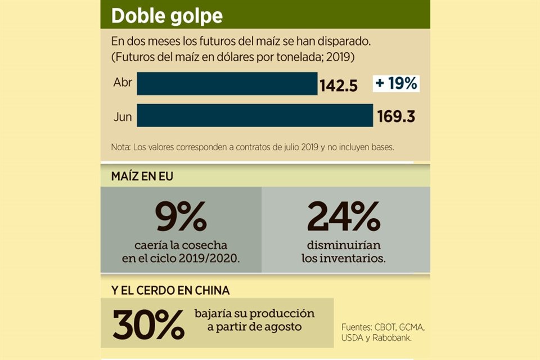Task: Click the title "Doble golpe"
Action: click(166, 16)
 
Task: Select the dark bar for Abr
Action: click(227, 83)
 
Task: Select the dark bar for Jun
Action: click(254, 115)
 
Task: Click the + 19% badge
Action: click(397, 83)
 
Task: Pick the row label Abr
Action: click(122, 83)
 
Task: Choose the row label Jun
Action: click(122, 116)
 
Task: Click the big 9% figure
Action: click(181, 217)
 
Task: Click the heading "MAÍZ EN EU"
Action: click(142, 176)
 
